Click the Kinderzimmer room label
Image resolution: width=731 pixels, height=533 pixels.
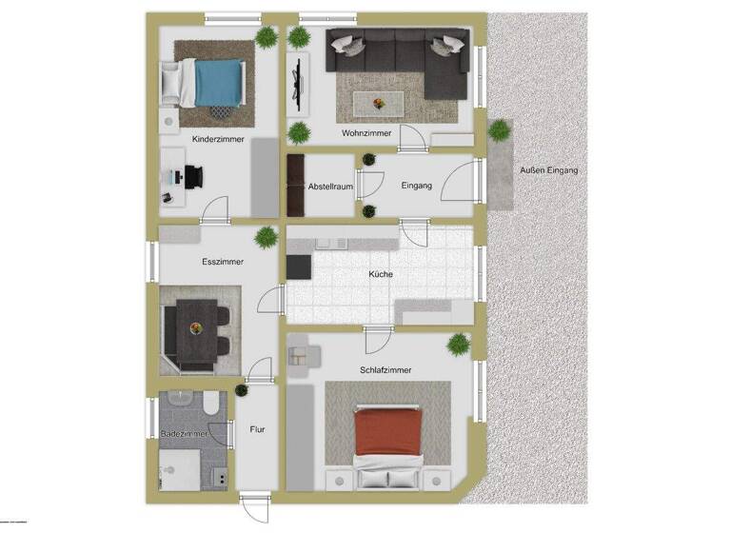coord(218,139)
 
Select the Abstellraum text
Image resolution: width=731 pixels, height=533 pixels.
coord(330,187)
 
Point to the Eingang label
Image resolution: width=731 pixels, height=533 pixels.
coord(417,187)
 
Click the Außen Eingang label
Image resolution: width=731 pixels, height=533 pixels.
coord(548,170)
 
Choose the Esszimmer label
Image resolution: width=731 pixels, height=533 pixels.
coord(223,261)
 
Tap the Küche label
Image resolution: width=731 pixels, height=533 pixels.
coord(382,275)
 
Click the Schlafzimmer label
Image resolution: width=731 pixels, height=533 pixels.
coord(385,370)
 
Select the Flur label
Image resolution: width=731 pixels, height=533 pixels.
coord(257,429)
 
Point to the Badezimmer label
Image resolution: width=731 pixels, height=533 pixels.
coord(184,433)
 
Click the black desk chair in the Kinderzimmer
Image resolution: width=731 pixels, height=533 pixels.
coord(194,178)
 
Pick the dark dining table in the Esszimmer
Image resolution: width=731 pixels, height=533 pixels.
coord(197,329)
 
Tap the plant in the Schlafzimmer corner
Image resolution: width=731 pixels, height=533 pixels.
coord(460,343)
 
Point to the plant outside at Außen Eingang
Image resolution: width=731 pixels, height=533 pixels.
coord(497,130)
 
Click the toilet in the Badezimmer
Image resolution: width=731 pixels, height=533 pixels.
coord(210,405)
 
